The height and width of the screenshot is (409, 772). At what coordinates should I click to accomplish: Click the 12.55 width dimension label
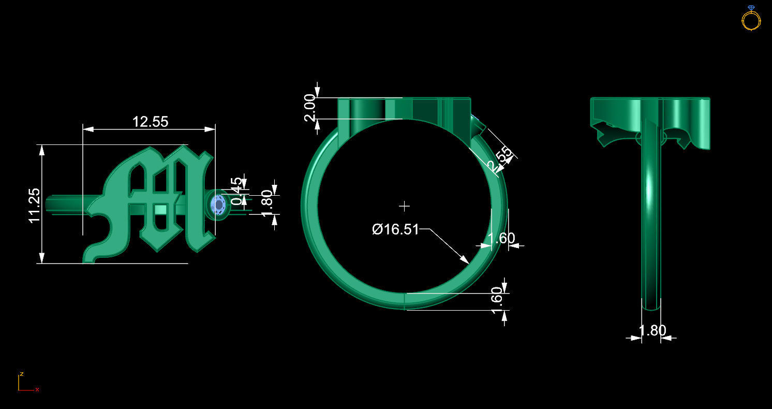[150, 122]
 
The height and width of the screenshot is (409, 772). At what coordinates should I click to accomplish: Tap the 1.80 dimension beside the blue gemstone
[266, 203]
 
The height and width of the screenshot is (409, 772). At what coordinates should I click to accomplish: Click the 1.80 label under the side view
[652, 330]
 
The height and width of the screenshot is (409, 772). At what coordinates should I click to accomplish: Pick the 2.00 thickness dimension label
[310, 108]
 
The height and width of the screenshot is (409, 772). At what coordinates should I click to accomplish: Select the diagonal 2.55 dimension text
[500, 159]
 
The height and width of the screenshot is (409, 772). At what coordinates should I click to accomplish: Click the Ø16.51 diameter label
[395, 229]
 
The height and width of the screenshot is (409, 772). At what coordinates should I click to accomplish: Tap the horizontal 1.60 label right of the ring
[501, 238]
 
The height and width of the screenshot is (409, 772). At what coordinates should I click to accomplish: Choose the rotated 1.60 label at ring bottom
[497, 300]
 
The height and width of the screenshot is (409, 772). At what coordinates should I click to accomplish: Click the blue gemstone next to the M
[218, 206]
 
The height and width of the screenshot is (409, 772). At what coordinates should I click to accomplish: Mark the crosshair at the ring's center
[405, 206]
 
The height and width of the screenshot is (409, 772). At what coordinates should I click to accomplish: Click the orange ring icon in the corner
[751, 19]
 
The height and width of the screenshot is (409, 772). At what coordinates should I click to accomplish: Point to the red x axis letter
[37, 389]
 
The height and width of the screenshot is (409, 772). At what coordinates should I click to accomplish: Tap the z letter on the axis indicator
[21, 374]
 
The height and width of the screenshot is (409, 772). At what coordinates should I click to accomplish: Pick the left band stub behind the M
[65, 202]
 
